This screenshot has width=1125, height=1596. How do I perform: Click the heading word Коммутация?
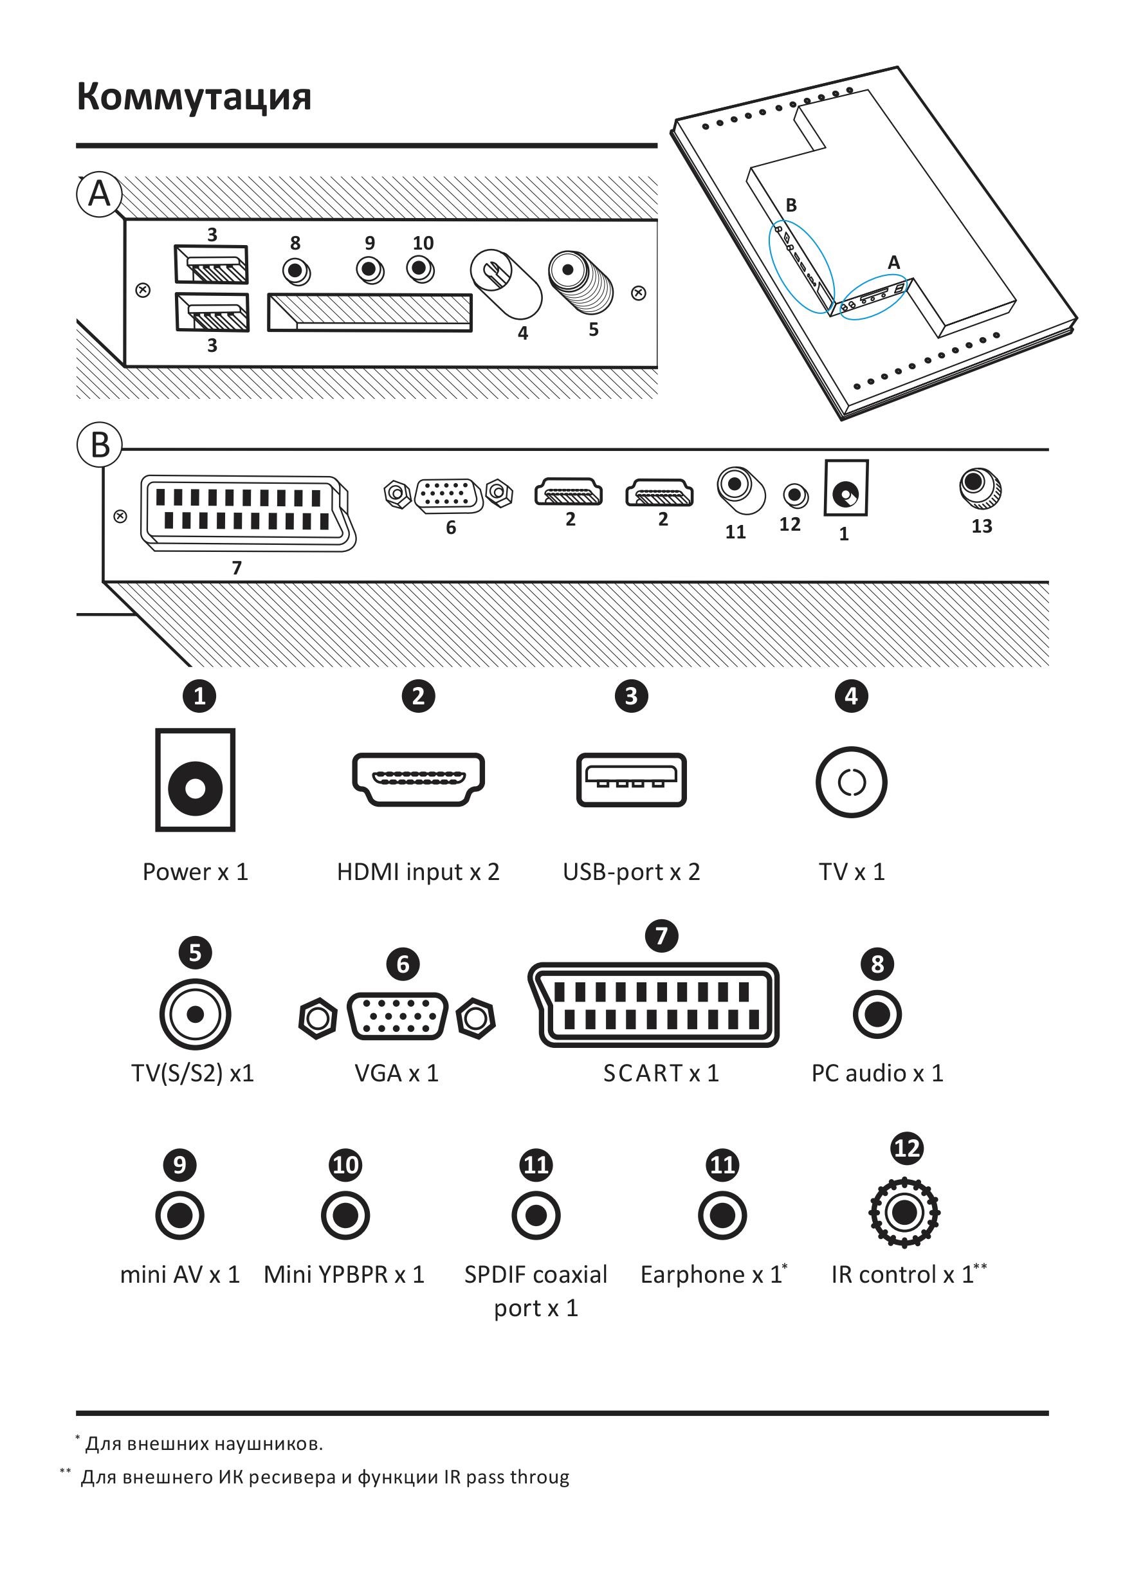(x=193, y=96)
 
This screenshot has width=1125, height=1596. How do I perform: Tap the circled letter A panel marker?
(x=99, y=194)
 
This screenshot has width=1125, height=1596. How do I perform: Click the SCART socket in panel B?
(x=247, y=513)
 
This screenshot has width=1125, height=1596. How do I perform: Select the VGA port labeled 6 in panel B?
(x=448, y=494)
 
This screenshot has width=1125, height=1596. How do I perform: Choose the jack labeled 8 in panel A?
(x=296, y=270)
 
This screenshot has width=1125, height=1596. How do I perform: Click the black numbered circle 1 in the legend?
(x=199, y=696)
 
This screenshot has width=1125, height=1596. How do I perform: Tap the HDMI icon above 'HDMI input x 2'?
(x=418, y=779)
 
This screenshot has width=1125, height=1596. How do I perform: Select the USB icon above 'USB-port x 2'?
(x=631, y=779)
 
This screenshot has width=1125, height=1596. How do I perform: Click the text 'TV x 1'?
(x=851, y=872)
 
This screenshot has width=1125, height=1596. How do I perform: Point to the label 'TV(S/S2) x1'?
(x=192, y=1073)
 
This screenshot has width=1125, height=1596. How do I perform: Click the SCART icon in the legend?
(x=654, y=1004)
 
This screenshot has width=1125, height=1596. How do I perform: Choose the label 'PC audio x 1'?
(x=877, y=1073)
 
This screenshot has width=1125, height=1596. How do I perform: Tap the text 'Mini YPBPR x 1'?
(x=344, y=1275)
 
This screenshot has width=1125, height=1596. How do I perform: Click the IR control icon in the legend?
(x=904, y=1213)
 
